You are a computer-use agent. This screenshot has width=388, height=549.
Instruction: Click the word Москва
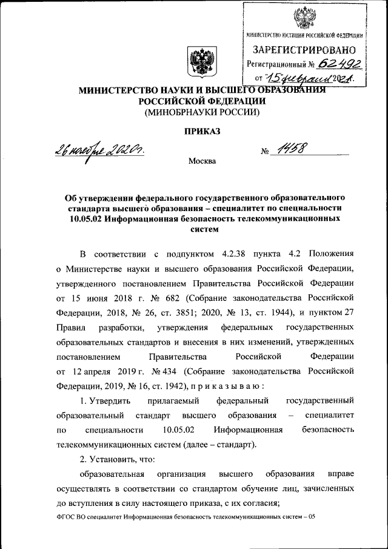tap(201, 161)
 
